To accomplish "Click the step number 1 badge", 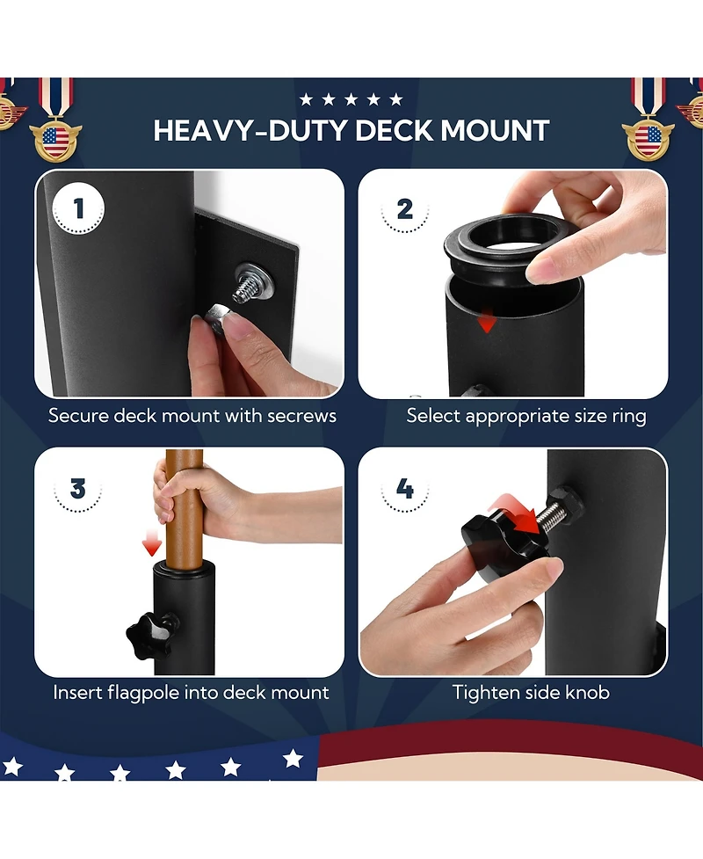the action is point(78,208).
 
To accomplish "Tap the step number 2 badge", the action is point(404,208).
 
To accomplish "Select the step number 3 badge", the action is point(77,488).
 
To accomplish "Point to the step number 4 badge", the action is point(404,488).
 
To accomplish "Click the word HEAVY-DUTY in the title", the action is point(250,130).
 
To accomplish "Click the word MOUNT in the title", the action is point(495,130).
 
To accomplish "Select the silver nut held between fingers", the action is point(217,317).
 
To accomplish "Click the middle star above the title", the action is point(351,99).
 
